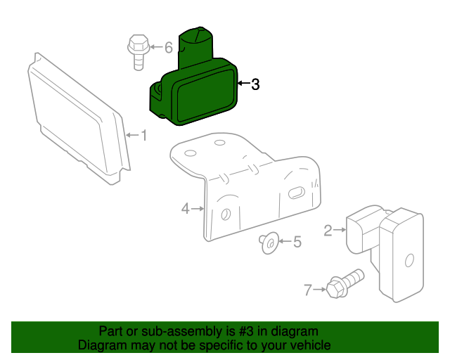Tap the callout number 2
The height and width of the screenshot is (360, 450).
(x=328, y=229)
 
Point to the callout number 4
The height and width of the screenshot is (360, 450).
(x=186, y=208)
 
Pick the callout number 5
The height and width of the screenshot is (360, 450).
(x=297, y=242)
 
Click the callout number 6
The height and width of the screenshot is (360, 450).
(x=168, y=48)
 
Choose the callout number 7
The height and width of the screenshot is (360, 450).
(x=307, y=288)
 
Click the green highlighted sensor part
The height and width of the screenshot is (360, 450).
(x=197, y=91)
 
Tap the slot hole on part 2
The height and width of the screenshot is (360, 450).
(x=409, y=260)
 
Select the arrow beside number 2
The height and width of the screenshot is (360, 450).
(x=340, y=229)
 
